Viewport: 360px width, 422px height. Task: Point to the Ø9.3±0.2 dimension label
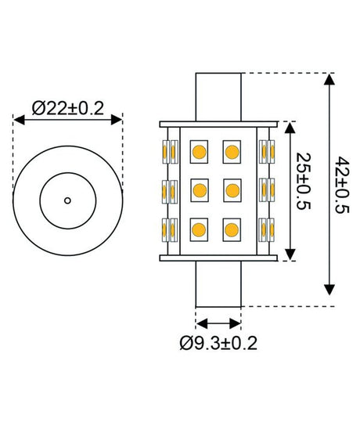(218, 343)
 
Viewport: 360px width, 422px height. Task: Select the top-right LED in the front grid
(232, 149)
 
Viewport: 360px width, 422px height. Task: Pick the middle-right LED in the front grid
(232, 189)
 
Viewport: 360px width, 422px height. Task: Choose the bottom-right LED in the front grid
(232, 229)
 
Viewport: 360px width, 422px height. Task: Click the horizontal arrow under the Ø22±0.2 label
(67, 119)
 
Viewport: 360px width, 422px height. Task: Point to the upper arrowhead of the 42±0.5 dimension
(329, 78)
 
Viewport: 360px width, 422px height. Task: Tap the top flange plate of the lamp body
(218, 124)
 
